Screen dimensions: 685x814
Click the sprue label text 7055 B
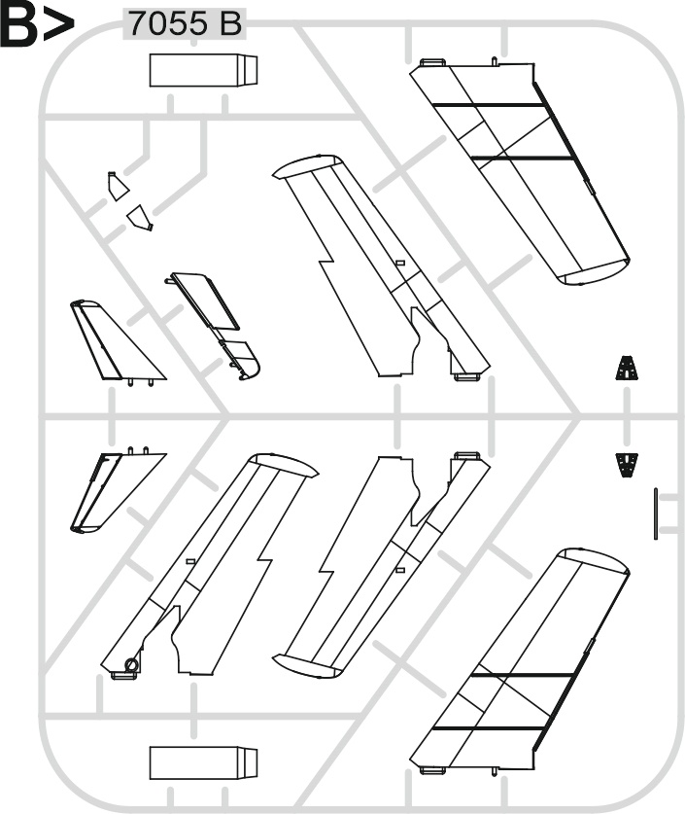186,24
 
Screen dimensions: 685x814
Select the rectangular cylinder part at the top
203,70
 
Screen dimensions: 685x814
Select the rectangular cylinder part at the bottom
203,763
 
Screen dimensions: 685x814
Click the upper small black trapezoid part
628,368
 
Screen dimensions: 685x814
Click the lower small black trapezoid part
627,465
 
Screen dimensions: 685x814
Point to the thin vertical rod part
656,513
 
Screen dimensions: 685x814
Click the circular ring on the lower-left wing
132,665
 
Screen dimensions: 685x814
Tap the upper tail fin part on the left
117,342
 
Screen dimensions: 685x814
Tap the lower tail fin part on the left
117,489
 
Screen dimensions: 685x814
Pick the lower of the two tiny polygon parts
140,218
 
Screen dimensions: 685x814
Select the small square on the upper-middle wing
399,263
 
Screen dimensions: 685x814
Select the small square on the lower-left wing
190,562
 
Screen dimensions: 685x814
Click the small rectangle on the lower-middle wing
399,570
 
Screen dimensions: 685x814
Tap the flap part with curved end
215,326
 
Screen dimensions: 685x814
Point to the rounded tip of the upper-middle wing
306,167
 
